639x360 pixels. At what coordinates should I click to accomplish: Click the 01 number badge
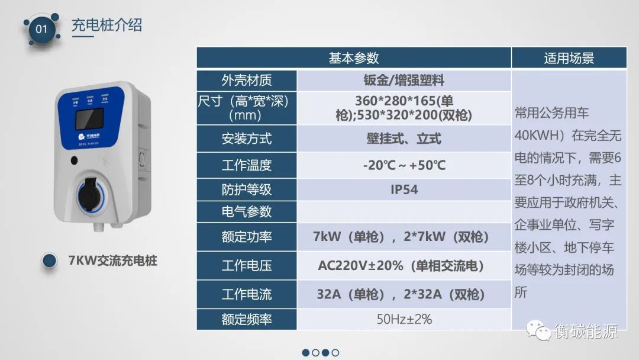point(41,28)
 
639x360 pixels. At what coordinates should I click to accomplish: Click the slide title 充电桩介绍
point(106,25)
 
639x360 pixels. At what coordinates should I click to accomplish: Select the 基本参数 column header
point(354,58)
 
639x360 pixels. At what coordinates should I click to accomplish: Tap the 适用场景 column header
point(569,58)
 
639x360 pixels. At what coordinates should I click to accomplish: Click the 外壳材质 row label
point(247,80)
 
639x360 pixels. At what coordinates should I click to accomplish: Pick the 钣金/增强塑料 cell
point(404,80)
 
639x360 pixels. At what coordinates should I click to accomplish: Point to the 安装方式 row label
point(247,139)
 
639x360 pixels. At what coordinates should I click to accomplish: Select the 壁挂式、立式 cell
point(404,139)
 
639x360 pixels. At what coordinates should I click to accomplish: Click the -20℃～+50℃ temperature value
point(404,165)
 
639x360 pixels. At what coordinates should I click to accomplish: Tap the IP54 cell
point(404,189)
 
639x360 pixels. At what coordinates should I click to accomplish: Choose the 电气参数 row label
point(247,211)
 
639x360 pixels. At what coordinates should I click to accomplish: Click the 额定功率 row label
point(247,237)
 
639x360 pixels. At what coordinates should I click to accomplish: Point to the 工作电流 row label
point(247,294)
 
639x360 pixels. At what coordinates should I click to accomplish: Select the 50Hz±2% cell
point(404,319)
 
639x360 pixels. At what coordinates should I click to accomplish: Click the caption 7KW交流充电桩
point(113,260)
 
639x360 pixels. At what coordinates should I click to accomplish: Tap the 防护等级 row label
point(247,189)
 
